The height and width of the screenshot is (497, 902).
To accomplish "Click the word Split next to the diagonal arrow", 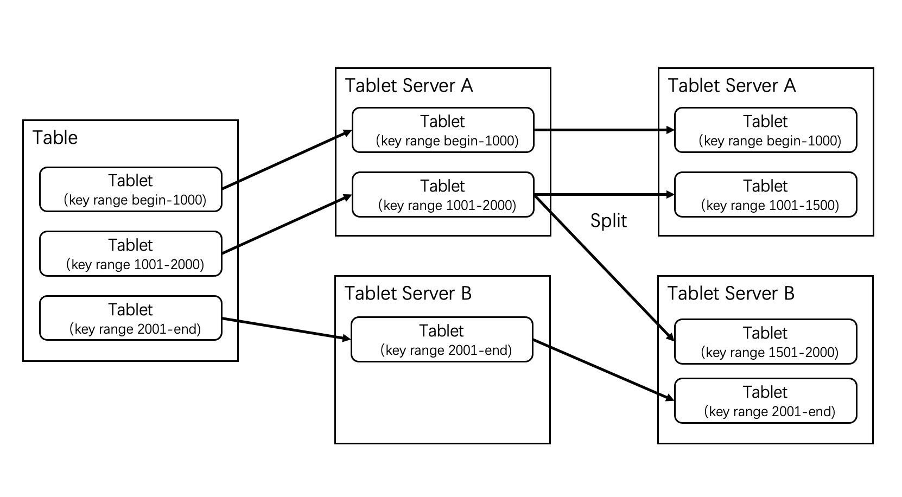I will click(608, 221).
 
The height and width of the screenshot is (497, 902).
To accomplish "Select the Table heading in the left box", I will click(55, 138).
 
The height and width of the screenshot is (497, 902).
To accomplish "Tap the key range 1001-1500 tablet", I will click(765, 195).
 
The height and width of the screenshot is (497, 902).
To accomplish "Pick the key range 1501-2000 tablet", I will click(765, 342).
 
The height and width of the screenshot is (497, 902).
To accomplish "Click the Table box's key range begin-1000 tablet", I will click(131, 189).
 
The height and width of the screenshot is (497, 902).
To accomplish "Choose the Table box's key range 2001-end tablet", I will click(131, 318).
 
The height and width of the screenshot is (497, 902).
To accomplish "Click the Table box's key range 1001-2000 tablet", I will click(131, 254).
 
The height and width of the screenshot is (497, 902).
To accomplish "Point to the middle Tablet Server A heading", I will click(409, 86).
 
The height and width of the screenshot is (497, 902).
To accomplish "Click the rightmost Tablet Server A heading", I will click(732, 86).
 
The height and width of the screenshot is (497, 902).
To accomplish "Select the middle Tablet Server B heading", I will click(408, 294).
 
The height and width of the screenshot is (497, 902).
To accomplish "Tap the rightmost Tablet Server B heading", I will click(731, 294).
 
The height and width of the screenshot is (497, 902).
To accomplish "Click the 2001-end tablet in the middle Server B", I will click(442, 340).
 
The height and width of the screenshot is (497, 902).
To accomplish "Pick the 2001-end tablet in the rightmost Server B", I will click(765, 401).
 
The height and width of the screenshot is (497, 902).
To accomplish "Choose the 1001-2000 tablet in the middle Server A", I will click(443, 195).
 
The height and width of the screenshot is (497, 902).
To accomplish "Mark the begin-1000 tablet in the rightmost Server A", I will click(765, 130).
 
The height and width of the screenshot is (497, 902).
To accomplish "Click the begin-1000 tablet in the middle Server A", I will click(443, 130).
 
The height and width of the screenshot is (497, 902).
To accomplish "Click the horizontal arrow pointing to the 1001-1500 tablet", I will click(602, 195).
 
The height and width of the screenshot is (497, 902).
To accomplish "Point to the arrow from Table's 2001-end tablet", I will click(285, 329).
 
